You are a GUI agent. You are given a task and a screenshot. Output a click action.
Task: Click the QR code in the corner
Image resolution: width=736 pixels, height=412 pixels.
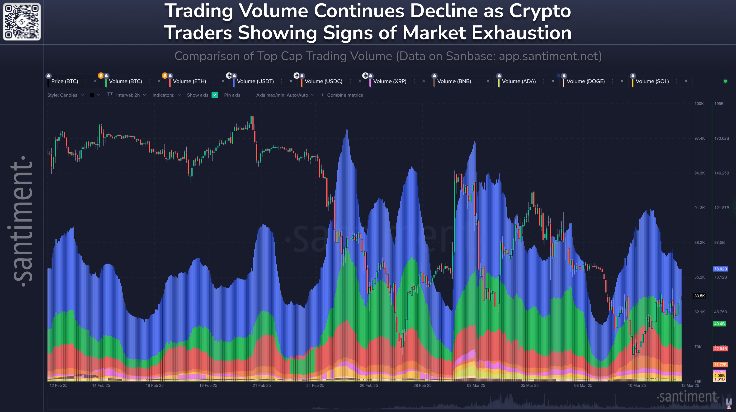pyautogui.click(x=22, y=22)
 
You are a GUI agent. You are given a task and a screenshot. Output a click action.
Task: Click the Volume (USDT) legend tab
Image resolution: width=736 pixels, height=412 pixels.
pyautogui.click(x=255, y=81)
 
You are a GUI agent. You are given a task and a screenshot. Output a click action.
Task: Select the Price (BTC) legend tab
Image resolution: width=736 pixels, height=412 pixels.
pyautogui.click(x=65, y=81)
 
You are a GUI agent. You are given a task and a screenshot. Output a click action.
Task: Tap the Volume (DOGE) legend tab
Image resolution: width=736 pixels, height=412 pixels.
pyautogui.click(x=585, y=81)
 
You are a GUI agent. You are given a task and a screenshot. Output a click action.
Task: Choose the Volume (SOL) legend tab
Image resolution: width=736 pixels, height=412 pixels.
pyautogui.click(x=652, y=81)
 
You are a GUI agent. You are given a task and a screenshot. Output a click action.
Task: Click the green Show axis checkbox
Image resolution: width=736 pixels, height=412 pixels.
pyautogui.click(x=215, y=95)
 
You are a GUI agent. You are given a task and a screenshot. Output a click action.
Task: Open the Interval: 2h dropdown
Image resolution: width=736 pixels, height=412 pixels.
pyautogui.click(x=128, y=95)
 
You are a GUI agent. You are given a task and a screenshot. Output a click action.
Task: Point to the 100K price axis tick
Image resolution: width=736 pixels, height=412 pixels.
pyautogui.click(x=699, y=104)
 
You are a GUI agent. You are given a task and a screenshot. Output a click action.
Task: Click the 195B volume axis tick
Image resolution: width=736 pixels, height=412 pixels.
pyautogui.click(x=719, y=104)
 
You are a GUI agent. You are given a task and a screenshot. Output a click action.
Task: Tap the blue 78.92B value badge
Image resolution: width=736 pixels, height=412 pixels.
pyautogui.click(x=720, y=269)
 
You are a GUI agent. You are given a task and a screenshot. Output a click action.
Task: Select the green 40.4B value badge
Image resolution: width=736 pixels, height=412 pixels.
pyautogui.click(x=719, y=324)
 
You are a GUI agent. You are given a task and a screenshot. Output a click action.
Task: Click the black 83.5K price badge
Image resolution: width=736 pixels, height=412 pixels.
pyautogui.click(x=699, y=296)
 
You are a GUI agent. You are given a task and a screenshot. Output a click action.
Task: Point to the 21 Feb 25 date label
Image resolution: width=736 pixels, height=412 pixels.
pyautogui.click(x=261, y=385)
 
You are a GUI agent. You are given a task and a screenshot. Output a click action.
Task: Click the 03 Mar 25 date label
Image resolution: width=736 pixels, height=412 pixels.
pyautogui.click(x=476, y=385)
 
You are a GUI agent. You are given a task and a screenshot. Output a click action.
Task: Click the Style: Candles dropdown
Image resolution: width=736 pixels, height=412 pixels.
pyautogui.click(x=65, y=95)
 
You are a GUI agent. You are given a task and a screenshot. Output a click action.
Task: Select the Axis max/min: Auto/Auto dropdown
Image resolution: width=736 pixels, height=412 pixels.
pyautogui.click(x=285, y=95)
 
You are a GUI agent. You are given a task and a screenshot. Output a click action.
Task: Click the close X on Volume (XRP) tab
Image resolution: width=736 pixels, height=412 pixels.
pyautogui.click(x=423, y=81)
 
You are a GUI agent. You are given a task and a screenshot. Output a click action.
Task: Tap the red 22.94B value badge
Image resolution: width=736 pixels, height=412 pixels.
pyautogui.click(x=720, y=349)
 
